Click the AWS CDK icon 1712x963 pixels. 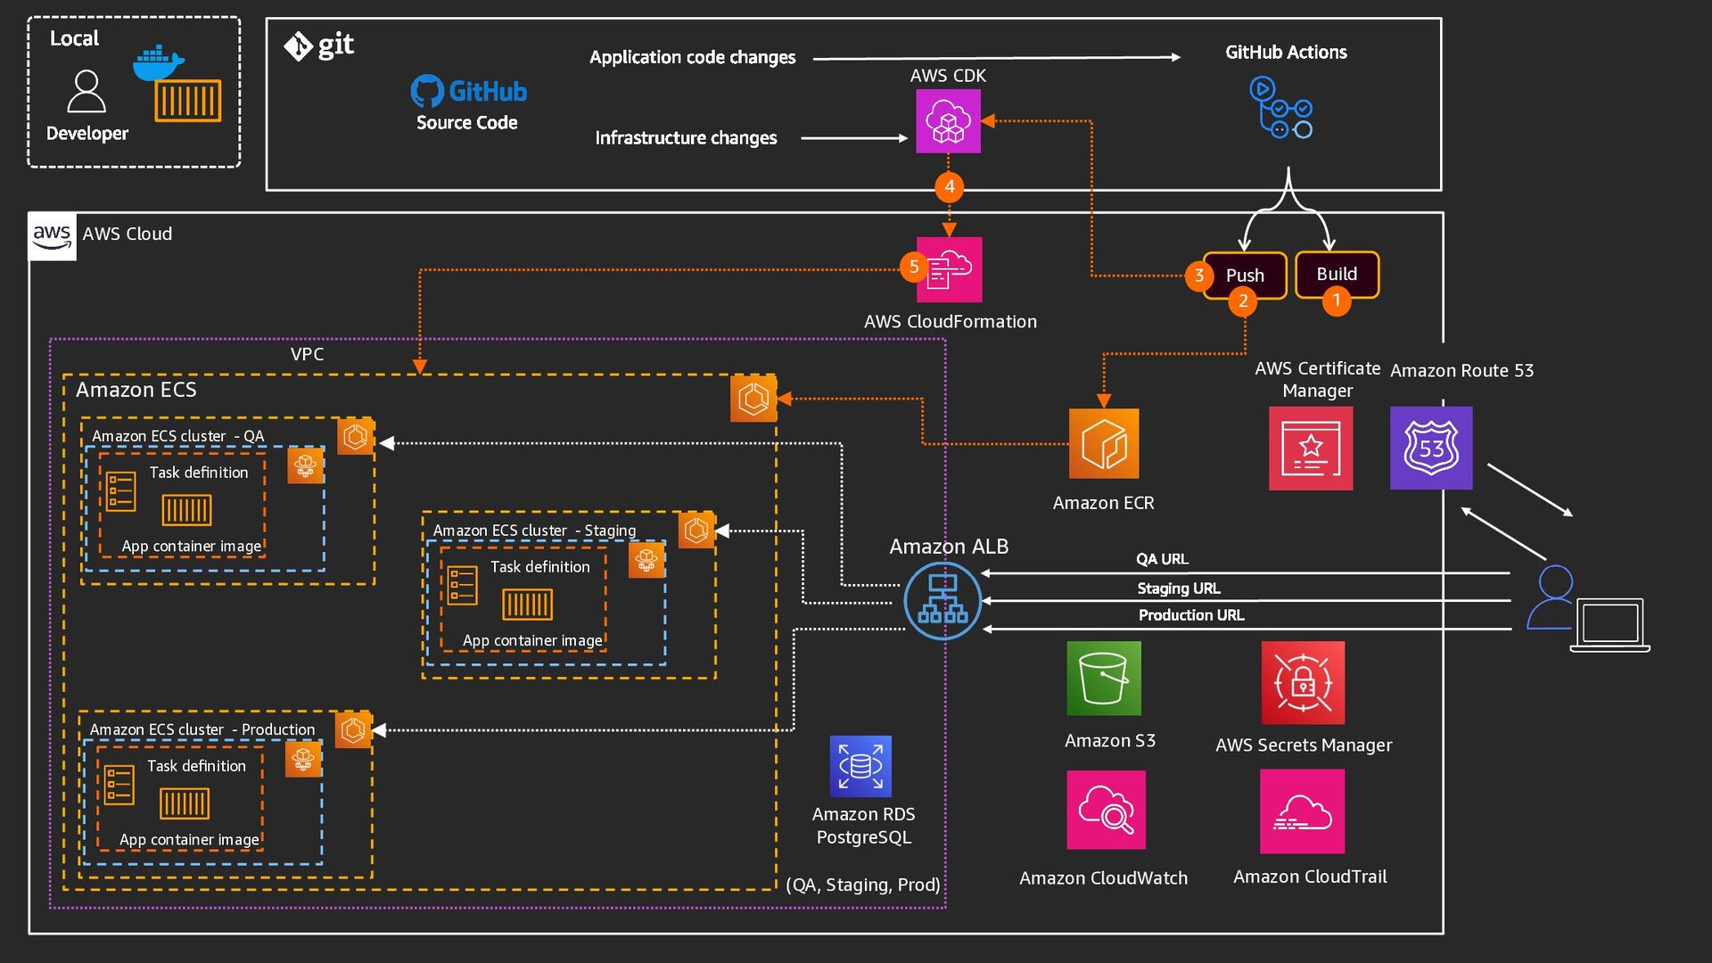(948, 121)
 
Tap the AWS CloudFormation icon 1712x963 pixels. (950, 269)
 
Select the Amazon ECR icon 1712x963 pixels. (1104, 444)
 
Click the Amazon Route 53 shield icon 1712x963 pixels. (1431, 448)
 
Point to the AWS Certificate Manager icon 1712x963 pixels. (1311, 449)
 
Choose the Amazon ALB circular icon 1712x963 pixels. (942, 600)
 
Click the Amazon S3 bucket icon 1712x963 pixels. (1104, 679)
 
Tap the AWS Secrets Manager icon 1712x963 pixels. (1303, 683)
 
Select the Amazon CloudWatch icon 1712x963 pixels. (1106, 810)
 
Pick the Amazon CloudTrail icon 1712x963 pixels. (1302, 811)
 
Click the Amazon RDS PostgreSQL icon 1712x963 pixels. (860, 766)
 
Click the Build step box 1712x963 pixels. (1337, 274)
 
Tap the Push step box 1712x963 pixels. (1245, 275)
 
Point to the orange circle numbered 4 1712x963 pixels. (950, 186)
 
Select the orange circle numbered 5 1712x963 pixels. (914, 267)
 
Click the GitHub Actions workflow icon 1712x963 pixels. (1281, 108)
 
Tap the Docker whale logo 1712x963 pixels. (158, 63)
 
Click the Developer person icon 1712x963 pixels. (86, 92)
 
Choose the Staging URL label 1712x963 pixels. (1179, 588)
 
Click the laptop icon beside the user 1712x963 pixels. (1609, 624)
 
